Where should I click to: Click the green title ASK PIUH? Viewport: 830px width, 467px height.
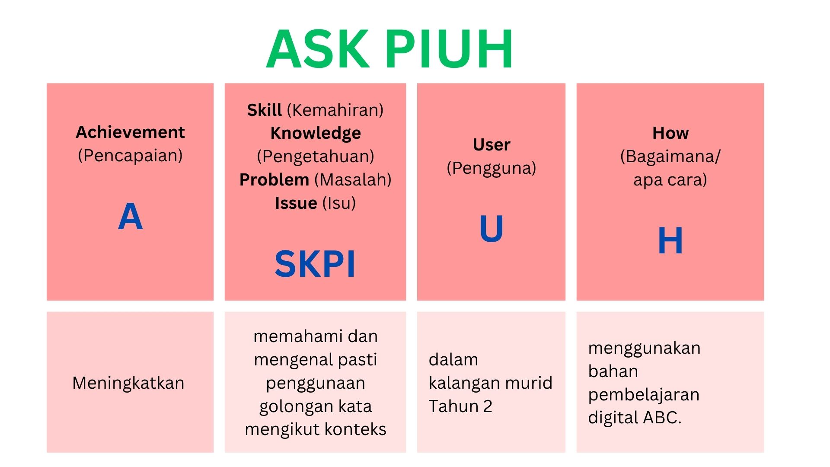point(389,49)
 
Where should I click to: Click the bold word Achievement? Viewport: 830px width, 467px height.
point(130,132)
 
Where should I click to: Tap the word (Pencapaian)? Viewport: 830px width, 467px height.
point(130,156)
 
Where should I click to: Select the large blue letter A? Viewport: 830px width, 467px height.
point(130,217)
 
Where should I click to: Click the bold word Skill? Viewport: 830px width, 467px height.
point(264,110)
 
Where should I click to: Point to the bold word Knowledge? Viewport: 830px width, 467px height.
point(316,134)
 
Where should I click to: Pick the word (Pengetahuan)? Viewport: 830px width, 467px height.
point(316,157)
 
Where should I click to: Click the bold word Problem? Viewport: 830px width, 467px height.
point(274,179)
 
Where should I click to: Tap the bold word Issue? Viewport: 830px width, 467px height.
point(296,203)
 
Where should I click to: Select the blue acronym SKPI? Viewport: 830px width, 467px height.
point(315,264)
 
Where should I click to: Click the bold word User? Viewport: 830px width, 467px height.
point(492,144)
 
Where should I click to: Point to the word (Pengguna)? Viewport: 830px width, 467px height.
point(492,168)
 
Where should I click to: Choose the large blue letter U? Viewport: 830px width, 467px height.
point(492,228)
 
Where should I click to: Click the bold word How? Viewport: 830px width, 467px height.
point(670,133)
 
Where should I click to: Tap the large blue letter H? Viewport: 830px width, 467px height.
point(670,240)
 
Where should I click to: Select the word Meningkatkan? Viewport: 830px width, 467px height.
point(128,383)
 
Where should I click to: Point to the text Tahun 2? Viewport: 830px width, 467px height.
point(460,406)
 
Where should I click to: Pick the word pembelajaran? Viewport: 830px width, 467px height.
point(644,395)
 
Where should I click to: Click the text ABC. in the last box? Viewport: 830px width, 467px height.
point(662,418)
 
